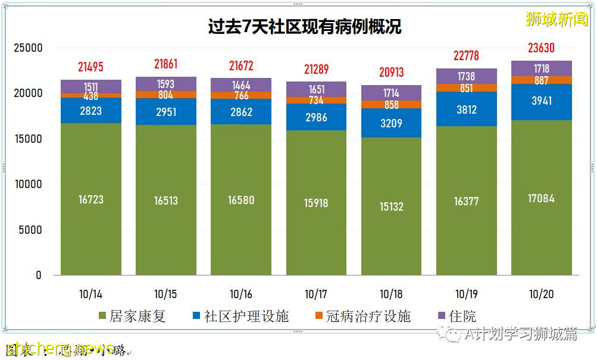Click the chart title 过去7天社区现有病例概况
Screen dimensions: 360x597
point(304,27)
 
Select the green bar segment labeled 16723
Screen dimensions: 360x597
point(90,199)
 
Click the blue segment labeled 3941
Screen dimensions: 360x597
point(542,101)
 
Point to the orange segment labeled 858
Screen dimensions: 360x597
point(391,104)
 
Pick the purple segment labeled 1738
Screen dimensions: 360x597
point(467,76)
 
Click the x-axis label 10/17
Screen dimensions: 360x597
point(316,294)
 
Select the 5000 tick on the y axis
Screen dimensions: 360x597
point(30,230)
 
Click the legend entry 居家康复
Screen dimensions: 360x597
point(132,316)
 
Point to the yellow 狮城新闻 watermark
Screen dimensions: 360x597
point(557,19)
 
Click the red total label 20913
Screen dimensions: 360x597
point(391,73)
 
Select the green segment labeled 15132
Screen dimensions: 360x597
point(391,206)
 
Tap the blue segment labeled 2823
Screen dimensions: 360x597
point(90,111)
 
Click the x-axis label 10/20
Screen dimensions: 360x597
point(542,294)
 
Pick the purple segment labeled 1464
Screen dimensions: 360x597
point(241,84)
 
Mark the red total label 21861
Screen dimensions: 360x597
point(165,64)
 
